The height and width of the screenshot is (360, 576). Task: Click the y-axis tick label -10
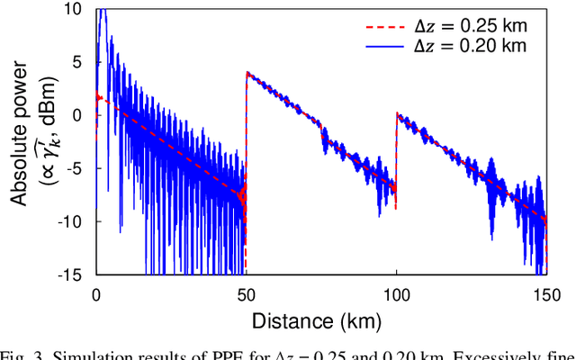pos(74,220)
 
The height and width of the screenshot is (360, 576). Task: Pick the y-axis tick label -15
pos(74,272)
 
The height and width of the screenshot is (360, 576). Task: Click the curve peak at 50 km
pos(247,73)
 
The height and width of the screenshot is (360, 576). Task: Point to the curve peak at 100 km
pos(397,114)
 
